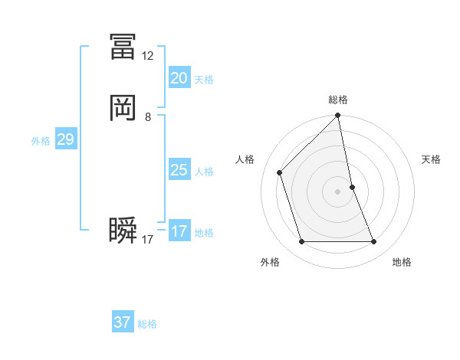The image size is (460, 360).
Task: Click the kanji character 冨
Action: [123, 47]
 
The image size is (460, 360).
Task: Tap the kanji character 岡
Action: [123, 108]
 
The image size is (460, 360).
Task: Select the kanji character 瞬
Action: [123, 231]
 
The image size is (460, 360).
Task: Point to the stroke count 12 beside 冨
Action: [148, 56]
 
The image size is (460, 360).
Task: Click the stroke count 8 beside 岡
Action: [148, 117]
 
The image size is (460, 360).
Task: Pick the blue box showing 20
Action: [179, 78]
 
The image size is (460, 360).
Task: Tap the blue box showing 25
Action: [179, 170]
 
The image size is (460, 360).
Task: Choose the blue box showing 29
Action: [65, 139]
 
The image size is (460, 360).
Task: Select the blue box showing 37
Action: [123, 322]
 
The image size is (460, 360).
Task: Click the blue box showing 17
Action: [179, 231]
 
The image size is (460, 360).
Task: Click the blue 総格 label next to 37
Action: [147, 325]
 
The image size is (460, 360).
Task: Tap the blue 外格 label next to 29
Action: [41, 141]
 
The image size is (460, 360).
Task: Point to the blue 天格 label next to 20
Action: [204, 80]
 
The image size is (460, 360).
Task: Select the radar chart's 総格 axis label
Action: [338, 100]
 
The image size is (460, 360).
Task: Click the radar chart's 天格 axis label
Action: [432, 159]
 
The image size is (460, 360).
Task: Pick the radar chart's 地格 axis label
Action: [402, 262]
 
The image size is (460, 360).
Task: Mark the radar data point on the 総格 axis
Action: [338, 116]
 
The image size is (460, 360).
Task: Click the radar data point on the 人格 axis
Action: [280, 172]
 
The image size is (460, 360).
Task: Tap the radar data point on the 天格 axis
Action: [352, 187]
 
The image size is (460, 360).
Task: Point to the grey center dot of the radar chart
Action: [338, 191]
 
